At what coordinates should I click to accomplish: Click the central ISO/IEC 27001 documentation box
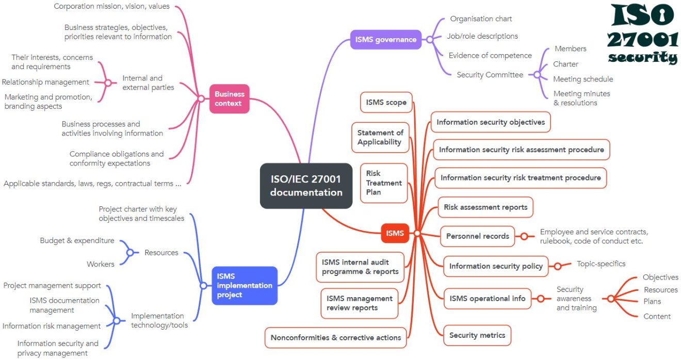(x=306, y=186)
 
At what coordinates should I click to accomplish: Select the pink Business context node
(x=229, y=99)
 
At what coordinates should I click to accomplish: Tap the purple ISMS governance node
(x=385, y=39)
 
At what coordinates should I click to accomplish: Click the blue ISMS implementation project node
(x=245, y=285)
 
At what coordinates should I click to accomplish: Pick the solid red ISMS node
(x=395, y=233)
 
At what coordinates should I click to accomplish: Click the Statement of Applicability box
(x=380, y=137)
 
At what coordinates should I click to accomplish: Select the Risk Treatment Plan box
(x=384, y=183)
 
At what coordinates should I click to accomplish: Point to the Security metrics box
(x=477, y=335)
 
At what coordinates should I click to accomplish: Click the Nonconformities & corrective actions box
(x=336, y=337)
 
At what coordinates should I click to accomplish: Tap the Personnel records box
(x=477, y=236)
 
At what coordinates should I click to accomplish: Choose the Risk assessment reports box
(x=485, y=207)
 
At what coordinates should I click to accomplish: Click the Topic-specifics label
(x=601, y=264)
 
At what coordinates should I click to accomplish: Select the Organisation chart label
(x=481, y=19)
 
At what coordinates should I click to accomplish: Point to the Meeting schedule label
(x=583, y=79)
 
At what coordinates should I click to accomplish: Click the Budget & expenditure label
(x=77, y=240)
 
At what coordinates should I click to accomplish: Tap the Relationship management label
(x=45, y=82)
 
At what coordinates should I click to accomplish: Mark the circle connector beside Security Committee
(x=537, y=75)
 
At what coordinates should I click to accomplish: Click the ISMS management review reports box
(x=359, y=303)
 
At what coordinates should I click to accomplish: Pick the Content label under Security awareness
(x=657, y=316)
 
